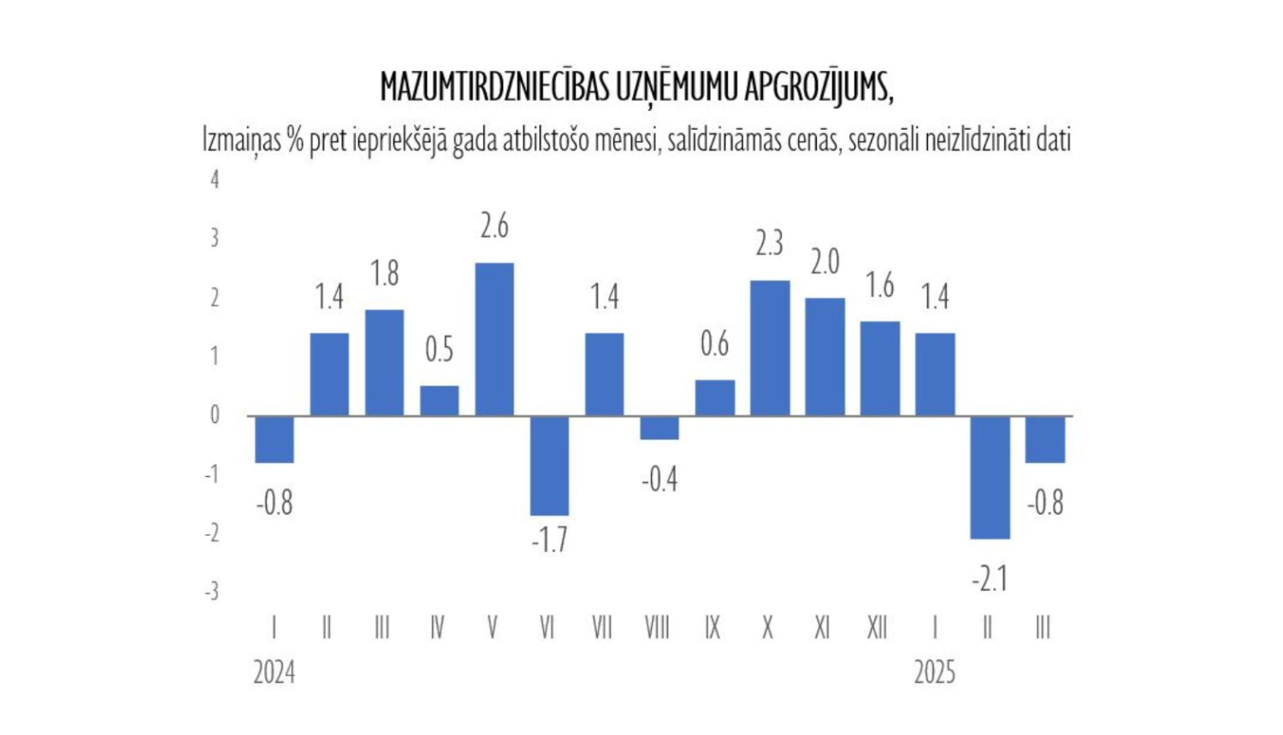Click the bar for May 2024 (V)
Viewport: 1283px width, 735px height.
[494, 339]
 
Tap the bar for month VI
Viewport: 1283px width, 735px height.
[549, 466]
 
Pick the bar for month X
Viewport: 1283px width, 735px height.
[770, 348]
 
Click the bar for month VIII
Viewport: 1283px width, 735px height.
[659, 428]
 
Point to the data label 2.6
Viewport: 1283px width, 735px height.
[494, 226]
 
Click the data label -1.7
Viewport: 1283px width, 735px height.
[549, 540]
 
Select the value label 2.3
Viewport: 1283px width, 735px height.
[770, 244]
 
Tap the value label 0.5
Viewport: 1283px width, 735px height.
[439, 350]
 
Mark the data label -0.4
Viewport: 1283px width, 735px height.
[659, 480]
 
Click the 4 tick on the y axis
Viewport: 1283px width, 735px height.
[215, 179]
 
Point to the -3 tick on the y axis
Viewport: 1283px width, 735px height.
[212, 591]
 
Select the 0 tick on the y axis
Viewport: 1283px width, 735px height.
[215, 415]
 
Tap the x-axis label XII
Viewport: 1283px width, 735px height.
[878, 628]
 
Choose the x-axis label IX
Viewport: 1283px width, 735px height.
[712, 628]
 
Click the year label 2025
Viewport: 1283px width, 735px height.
[934, 673]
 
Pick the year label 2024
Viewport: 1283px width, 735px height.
[274, 673]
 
